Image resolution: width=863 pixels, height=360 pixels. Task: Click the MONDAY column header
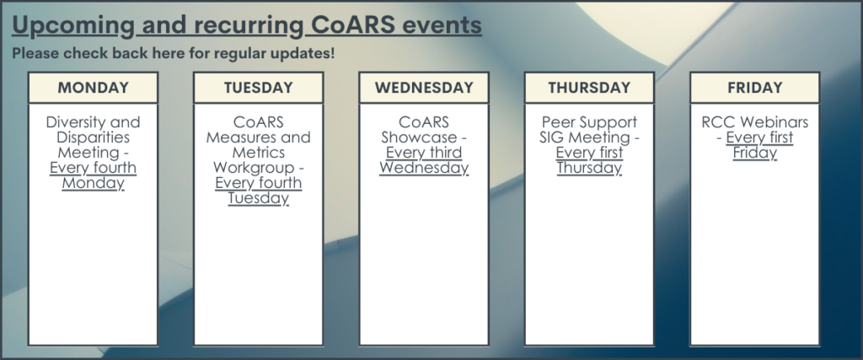point(93,88)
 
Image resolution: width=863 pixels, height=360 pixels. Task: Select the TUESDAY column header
point(258,88)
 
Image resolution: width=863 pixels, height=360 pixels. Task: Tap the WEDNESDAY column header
point(424,88)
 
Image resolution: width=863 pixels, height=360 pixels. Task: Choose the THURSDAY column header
point(589,88)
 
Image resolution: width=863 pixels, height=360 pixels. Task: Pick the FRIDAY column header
point(754,88)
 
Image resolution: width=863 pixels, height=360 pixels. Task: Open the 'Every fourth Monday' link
point(93,175)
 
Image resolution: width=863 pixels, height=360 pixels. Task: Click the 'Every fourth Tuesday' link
point(258,191)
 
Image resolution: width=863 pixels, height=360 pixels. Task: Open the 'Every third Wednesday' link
point(424,160)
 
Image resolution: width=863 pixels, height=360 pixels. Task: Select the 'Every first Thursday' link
point(589,160)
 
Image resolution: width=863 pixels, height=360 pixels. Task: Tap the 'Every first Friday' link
point(759,145)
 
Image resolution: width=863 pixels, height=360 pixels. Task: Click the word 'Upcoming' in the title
point(73,26)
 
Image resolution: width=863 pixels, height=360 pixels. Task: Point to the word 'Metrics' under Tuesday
point(259,152)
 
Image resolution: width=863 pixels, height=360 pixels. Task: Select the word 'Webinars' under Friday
point(776,121)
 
